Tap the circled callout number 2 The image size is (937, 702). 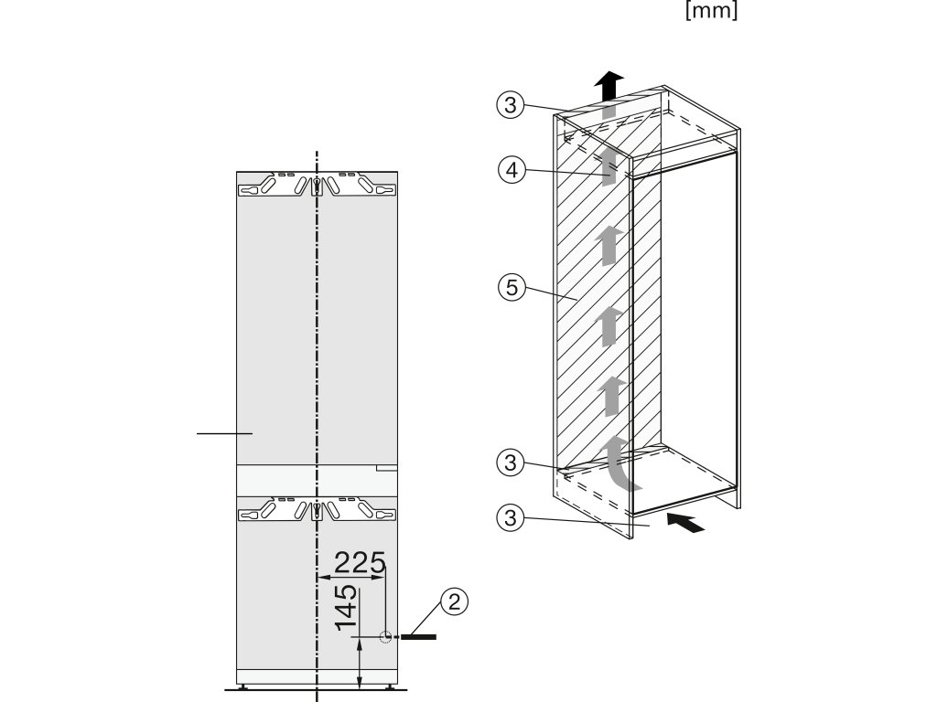tap(455, 601)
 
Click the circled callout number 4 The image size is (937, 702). tap(511, 169)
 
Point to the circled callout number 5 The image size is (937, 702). tap(511, 288)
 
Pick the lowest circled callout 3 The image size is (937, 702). tap(511, 518)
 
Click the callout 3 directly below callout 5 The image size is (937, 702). tap(511, 462)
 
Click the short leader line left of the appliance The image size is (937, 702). tap(223, 432)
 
